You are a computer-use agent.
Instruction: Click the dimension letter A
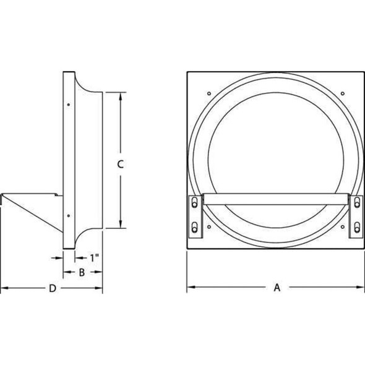(x=277, y=287)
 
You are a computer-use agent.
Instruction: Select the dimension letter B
(x=82, y=272)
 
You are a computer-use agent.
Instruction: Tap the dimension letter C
(x=121, y=164)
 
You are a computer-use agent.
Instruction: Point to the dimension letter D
(x=53, y=288)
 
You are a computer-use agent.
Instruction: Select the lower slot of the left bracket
(x=196, y=227)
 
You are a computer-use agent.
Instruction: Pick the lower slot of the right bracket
(x=357, y=227)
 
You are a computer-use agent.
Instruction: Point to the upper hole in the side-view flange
(x=67, y=104)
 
